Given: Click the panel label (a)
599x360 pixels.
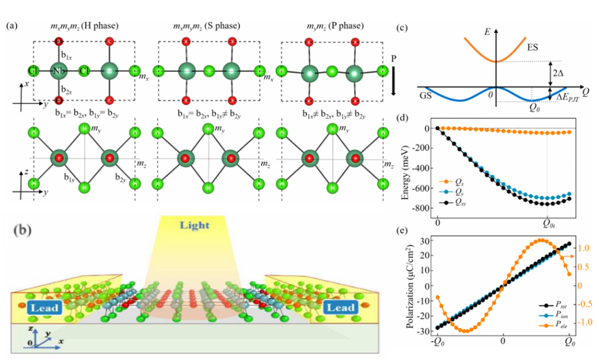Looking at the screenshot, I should [x=12, y=27].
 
